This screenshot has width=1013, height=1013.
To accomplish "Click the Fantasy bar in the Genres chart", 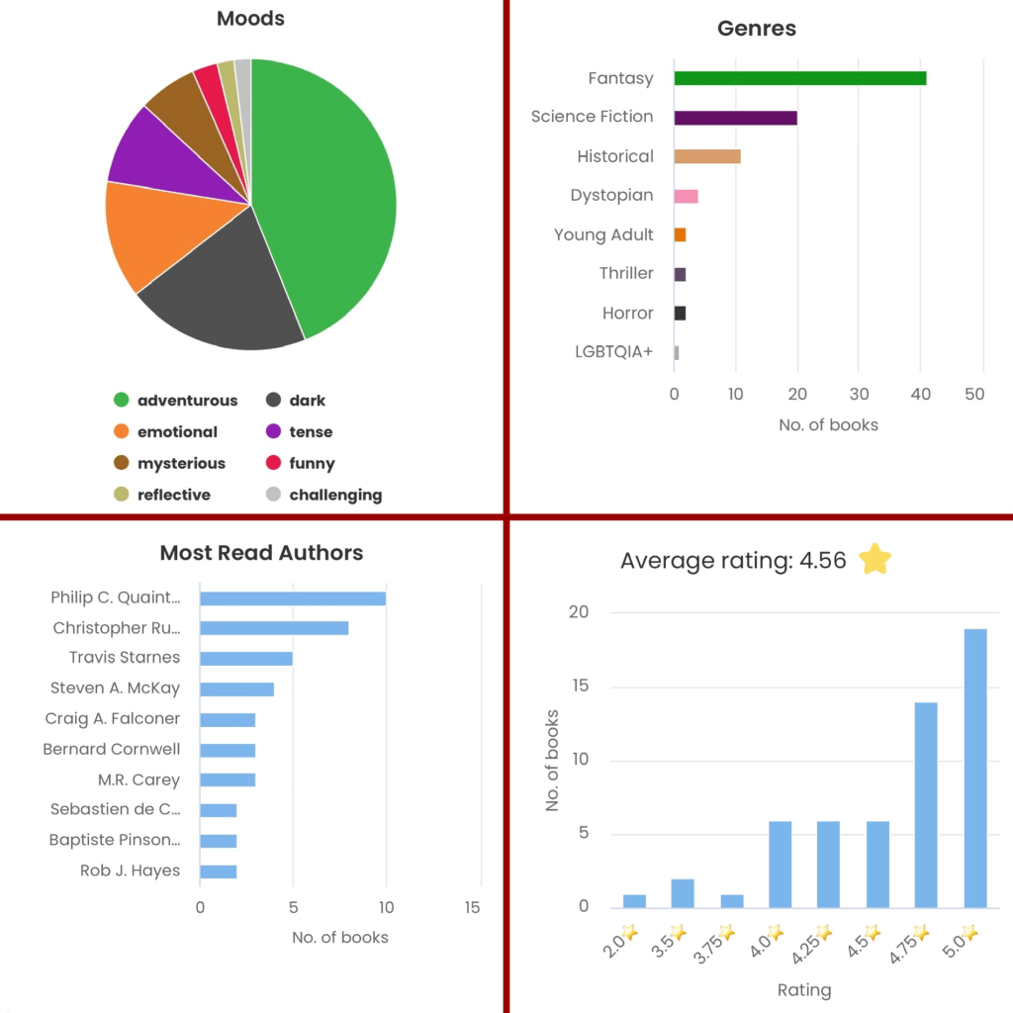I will pos(799,78).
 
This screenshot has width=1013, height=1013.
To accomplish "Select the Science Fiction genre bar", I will pos(735,117).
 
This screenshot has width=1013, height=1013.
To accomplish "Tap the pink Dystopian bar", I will pos(686,196).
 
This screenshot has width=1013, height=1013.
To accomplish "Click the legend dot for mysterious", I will pos(122,463).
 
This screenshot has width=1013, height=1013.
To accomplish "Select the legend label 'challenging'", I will pos(335,495).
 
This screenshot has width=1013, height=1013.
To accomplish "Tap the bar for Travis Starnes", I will pos(245,658).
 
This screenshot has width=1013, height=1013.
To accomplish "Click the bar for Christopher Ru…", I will pos(273,627).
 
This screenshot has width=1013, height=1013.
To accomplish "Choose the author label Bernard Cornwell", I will pos(111,749).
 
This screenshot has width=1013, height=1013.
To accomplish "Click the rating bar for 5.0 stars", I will pos(974,768).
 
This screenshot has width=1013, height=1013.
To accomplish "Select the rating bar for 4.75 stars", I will pos(926,804).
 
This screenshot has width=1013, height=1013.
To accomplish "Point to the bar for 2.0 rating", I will pos(634,900).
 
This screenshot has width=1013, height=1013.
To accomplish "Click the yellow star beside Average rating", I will pos(875,560).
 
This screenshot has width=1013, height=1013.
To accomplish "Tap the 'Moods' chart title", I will pos(250,19).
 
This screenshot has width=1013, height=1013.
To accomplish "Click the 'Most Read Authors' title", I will pos(261,552).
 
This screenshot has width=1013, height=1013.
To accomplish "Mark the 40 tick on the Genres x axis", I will pos(920,394).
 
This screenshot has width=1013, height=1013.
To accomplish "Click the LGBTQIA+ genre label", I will pos(613,351).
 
